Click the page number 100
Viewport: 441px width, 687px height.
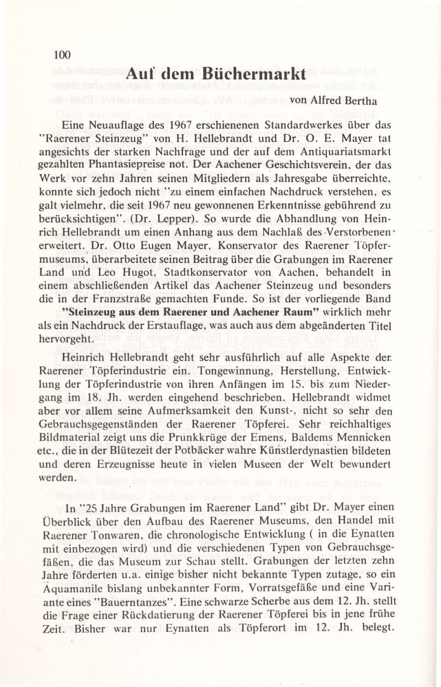[63, 54]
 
